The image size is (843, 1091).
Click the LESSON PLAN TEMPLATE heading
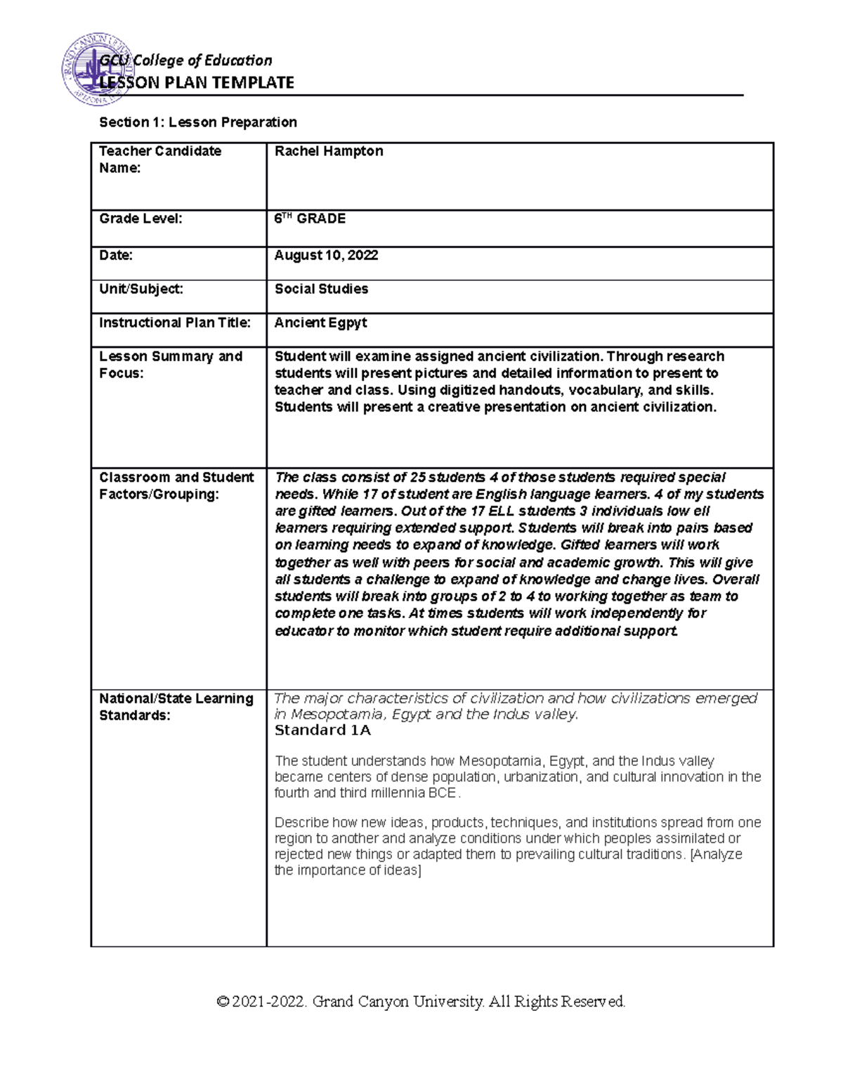[x=197, y=83]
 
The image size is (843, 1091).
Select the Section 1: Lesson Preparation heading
[x=198, y=122]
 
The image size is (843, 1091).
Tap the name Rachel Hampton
[x=329, y=151]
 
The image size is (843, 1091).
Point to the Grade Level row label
[x=140, y=218]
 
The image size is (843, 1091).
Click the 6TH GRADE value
[x=310, y=218]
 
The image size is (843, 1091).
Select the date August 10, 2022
[x=326, y=255]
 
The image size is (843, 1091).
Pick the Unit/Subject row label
[x=141, y=289]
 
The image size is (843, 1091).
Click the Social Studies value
[x=321, y=289]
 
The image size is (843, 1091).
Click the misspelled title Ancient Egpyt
[x=320, y=322]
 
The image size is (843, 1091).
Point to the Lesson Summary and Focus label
[x=171, y=365]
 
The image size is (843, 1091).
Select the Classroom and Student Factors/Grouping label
[x=176, y=485]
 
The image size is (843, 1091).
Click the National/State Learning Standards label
[x=176, y=707]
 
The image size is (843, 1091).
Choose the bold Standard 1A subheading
[x=322, y=731]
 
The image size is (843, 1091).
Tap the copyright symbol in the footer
[x=223, y=1002]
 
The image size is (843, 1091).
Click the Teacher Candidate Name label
[x=160, y=159]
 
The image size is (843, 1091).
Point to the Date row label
[x=116, y=255]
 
